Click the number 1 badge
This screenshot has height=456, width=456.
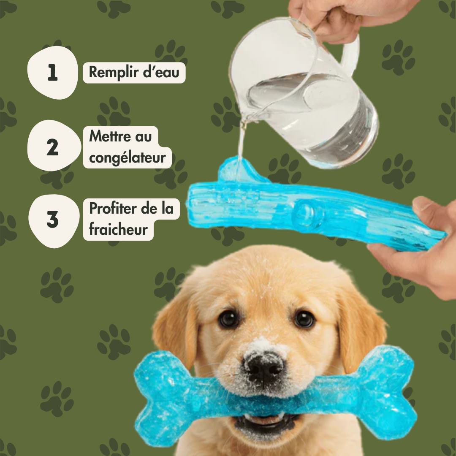[x=53, y=73]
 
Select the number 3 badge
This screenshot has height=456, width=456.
[x=54, y=221]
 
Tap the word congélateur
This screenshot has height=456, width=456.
[x=128, y=157]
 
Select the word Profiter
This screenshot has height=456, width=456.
[x=113, y=208]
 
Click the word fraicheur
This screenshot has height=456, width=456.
[x=118, y=229]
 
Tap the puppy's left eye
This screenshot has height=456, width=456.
[x=228, y=318]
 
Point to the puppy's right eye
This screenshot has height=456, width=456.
[x=304, y=319]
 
